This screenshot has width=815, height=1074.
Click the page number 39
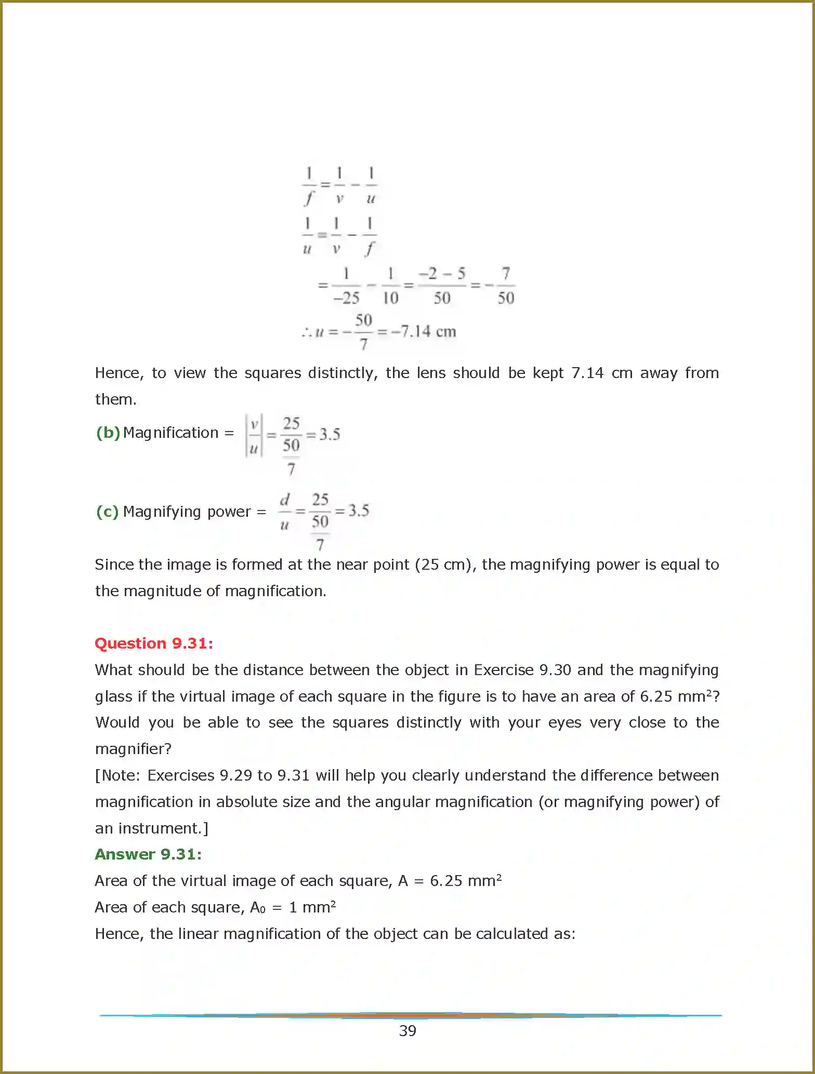407,1031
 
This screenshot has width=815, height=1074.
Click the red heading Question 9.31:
154,643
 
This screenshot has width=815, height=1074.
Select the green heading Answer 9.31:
148,854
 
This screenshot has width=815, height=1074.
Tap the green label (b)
108,433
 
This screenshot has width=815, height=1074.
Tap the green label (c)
108,512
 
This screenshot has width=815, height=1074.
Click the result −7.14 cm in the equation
423,331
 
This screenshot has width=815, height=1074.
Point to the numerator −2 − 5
442,274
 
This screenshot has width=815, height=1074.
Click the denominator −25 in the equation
346,298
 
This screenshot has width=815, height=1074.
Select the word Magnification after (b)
170,433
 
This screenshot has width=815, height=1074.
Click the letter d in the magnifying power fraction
284,500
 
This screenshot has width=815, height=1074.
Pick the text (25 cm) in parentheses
445,565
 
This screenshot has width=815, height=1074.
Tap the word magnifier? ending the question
133,749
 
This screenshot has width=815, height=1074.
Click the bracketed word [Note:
117,775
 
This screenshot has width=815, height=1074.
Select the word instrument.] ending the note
163,828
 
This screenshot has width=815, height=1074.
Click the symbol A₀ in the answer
258,907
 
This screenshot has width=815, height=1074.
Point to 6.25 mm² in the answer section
465,881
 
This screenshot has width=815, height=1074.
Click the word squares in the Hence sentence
272,373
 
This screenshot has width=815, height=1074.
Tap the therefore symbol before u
306,332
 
